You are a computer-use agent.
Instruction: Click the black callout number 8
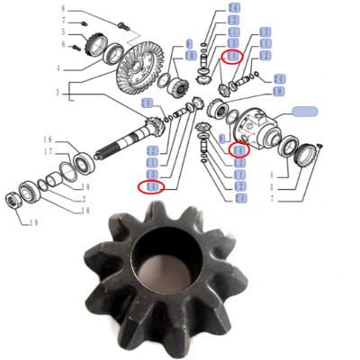63,8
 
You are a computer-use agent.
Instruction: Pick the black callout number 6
64,44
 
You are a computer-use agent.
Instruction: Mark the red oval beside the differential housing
238,150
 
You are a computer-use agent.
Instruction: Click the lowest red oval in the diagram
151,186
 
